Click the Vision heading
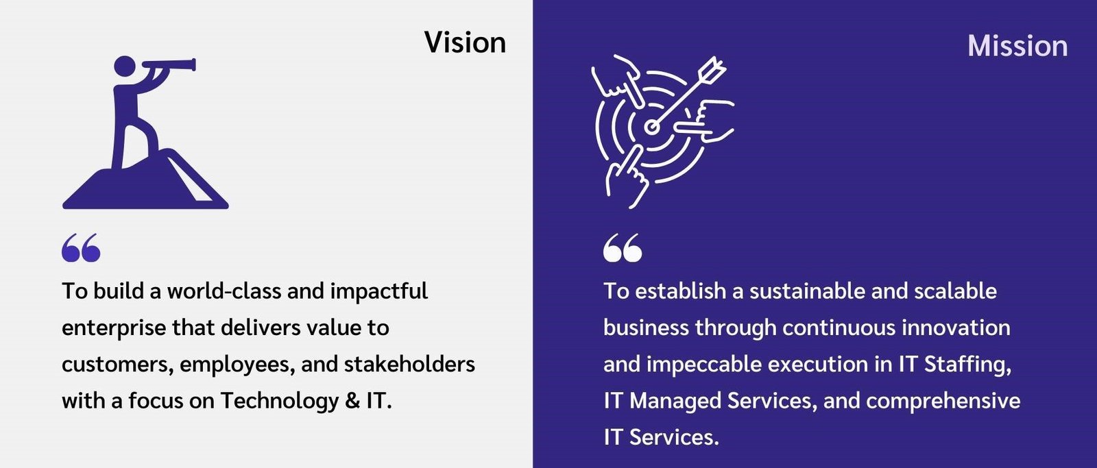pyautogui.click(x=465, y=42)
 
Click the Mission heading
pyautogui.click(x=1017, y=46)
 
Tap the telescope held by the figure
pyautogui.click(x=169, y=65)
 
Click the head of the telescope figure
pyautogui.click(x=124, y=66)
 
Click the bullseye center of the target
pyautogui.click(x=651, y=127)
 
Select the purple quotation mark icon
pyautogui.click(x=81, y=248)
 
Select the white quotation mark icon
pyautogui.click(x=623, y=248)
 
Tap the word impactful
pyautogui.click(x=379, y=291)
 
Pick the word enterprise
pyautogui.click(x=114, y=328)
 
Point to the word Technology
pyautogui.click(x=279, y=401)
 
